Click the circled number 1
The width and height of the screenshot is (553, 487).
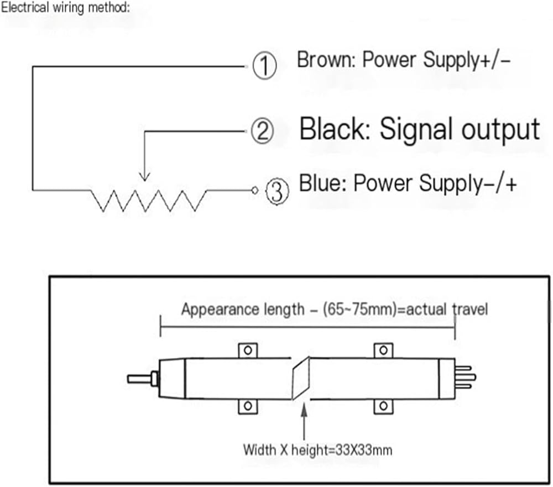pos(264,65)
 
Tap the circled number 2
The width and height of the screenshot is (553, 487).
pos(262,131)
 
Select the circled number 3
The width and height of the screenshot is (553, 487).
pos(277,191)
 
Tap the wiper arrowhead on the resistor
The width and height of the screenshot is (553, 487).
pos(144,176)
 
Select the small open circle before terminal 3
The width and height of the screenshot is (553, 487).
pos(254,190)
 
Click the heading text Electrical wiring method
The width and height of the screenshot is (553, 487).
pos(66,7)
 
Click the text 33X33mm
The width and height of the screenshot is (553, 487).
pos(364,451)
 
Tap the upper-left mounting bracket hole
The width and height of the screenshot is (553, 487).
pos(248,350)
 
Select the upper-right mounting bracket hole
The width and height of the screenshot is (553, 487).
pos(383,350)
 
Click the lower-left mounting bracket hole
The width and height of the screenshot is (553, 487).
pos(248,406)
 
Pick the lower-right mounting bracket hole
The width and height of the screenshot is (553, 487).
pos(383,406)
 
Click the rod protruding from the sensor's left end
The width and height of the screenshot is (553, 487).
pos(140,379)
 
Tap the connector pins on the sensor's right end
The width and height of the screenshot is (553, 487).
pos(465,378)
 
